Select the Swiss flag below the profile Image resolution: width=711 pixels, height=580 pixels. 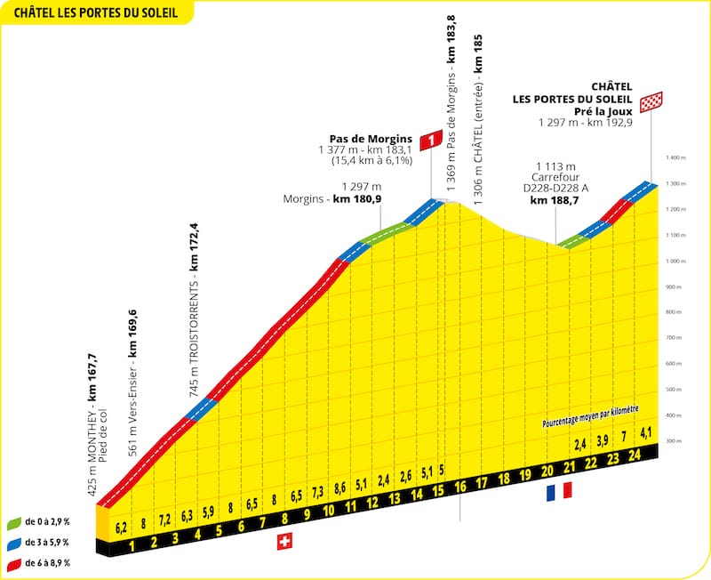(284, 542)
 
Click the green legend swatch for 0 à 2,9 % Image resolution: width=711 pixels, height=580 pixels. (14, 522)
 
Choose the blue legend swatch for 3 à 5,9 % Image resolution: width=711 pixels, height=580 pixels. (14, 542)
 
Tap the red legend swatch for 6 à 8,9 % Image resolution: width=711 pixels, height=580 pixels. (14, 562)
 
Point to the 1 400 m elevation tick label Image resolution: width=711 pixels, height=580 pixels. (677, 157)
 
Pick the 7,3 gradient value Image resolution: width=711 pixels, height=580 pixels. (317, 491)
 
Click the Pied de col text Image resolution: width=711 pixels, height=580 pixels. (104, 442)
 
